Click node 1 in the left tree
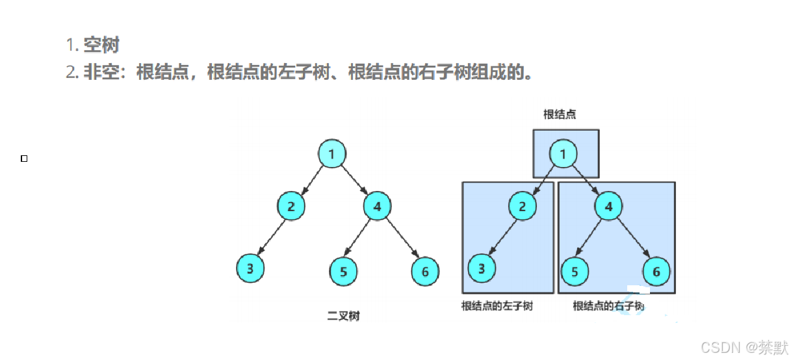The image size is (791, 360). pos(331,154)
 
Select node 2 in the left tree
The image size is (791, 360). pos(291,207)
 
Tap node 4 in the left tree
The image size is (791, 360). pos(377,207)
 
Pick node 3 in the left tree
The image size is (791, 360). pos(251,268)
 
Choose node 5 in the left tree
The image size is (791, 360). pos(343,272)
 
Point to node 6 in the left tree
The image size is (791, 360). pos(425,272)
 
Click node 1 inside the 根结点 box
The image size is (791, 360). pos(563,154)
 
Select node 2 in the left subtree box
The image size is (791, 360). pos(523,207)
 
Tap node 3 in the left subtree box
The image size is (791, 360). pos(482,268)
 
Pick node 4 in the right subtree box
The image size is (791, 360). pos(608,207)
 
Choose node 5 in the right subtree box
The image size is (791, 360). pos(575,272)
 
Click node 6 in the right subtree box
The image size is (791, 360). pos(656,272)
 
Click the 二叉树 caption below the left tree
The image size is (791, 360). pos(344,316)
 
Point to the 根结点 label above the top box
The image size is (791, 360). pos(560,114)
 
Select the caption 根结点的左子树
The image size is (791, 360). pos(497,305)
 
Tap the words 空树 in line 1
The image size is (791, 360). pos(101,45)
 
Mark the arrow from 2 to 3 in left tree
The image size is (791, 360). pos(272,237)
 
